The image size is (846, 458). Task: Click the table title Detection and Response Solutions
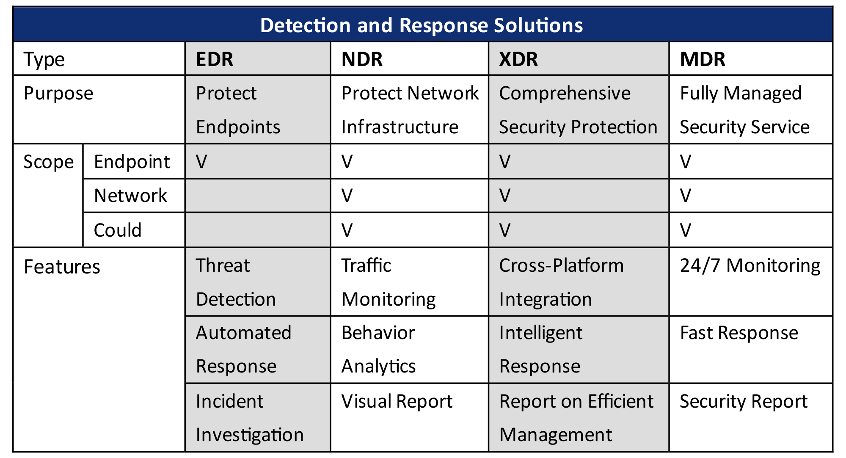point(422,25)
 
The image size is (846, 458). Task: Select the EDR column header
point(215,59)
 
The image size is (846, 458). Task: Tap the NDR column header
point(362,59)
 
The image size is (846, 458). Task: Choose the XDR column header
point(518,59)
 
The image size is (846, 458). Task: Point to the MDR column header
point(703,59)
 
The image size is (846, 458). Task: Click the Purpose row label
point(58,93)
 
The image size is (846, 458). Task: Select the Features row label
point(62,267)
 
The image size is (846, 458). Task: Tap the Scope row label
point(48,162)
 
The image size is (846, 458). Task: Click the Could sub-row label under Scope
point(118,230)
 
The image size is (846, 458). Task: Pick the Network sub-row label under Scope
point(130,196)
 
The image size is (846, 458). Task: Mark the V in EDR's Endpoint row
point(201,162)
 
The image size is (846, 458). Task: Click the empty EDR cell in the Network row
point(257,196)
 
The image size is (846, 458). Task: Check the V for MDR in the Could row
point(686,230)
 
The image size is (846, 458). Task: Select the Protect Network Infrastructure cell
point(410,110)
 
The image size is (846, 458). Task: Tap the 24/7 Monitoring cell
point(750,265)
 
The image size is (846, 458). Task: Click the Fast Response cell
point(739,333)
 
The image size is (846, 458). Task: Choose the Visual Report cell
point(397,401)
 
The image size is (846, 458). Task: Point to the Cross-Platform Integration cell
point(561,282)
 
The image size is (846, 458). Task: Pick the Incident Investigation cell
point(250,418)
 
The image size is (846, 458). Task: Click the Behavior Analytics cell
point(378,349)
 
